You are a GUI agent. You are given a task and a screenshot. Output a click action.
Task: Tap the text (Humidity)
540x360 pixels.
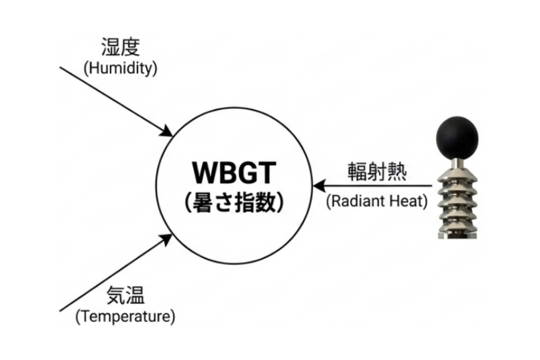pos(120,68)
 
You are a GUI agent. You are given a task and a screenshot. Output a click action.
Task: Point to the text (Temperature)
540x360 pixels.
pos(126,316)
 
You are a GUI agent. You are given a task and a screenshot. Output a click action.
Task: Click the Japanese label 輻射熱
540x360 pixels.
pos(377,172)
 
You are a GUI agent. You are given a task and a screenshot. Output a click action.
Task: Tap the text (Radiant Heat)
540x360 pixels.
pos(377,202)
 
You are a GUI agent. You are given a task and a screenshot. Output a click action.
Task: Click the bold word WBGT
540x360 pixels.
pos(234,172)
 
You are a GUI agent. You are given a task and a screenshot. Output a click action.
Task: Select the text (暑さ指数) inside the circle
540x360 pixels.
pos(234,202)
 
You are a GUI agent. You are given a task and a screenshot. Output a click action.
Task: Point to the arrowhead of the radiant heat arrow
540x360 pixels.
pos(318,186)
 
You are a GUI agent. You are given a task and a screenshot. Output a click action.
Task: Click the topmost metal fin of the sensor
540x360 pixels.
pos(457,174)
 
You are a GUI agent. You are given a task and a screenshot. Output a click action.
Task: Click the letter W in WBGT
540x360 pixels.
pos(204,172)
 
